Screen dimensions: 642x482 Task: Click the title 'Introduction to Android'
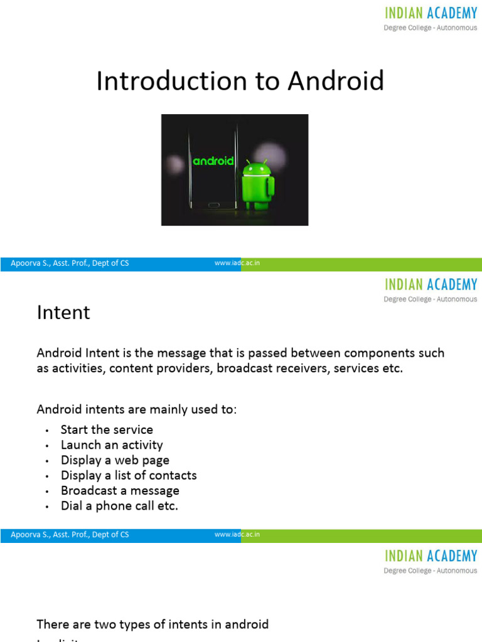point(240,82)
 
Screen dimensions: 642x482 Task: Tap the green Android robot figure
point(258,184)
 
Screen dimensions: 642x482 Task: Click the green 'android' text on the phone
point(213,161)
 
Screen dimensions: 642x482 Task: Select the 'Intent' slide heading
point(63,312)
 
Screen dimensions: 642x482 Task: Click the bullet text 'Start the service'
point(107,429)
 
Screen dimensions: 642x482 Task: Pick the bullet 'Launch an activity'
point(112,445)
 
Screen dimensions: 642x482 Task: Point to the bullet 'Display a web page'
point(115,460)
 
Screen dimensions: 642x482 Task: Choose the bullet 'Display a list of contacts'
point(129,475)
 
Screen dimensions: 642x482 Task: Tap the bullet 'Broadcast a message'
point(120,491)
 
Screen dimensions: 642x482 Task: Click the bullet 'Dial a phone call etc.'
point(119,506)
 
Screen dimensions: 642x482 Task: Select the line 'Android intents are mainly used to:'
point(137,409)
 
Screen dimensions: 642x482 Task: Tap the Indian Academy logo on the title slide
point(431,19)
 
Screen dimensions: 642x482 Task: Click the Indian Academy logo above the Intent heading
point(431,290)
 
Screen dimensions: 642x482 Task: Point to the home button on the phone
point(214,204)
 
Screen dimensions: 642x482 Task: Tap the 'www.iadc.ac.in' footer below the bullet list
point(237,535)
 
